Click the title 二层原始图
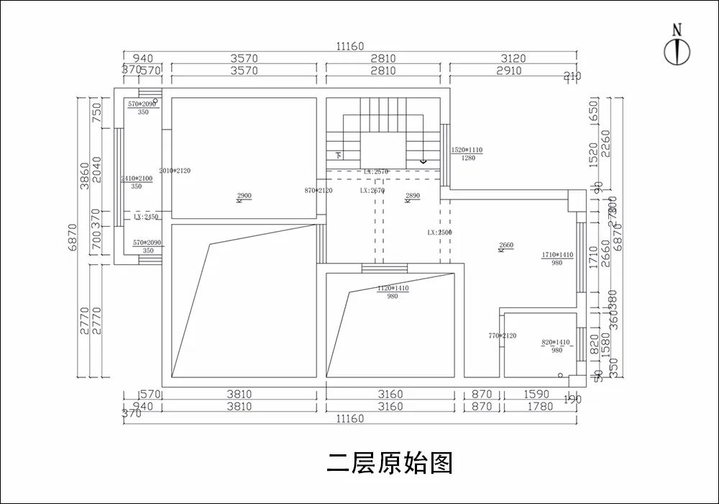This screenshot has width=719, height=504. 390,462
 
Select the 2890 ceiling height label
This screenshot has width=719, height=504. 413,196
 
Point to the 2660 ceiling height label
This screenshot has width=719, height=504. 506,246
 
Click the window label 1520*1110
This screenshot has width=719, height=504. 467,150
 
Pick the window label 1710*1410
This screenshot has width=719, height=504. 557,255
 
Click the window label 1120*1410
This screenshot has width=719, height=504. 393,288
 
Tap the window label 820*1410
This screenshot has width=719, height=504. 556,343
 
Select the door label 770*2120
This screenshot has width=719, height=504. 502,336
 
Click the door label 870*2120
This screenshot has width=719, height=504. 319,191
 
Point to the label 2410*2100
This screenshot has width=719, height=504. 136,178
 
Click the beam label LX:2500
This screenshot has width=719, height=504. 439,233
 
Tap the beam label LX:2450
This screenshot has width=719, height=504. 146,216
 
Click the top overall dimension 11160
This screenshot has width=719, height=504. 350,46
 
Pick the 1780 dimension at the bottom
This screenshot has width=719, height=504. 540,406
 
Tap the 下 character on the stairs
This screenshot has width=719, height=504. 339,155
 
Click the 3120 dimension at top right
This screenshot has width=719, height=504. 512,58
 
